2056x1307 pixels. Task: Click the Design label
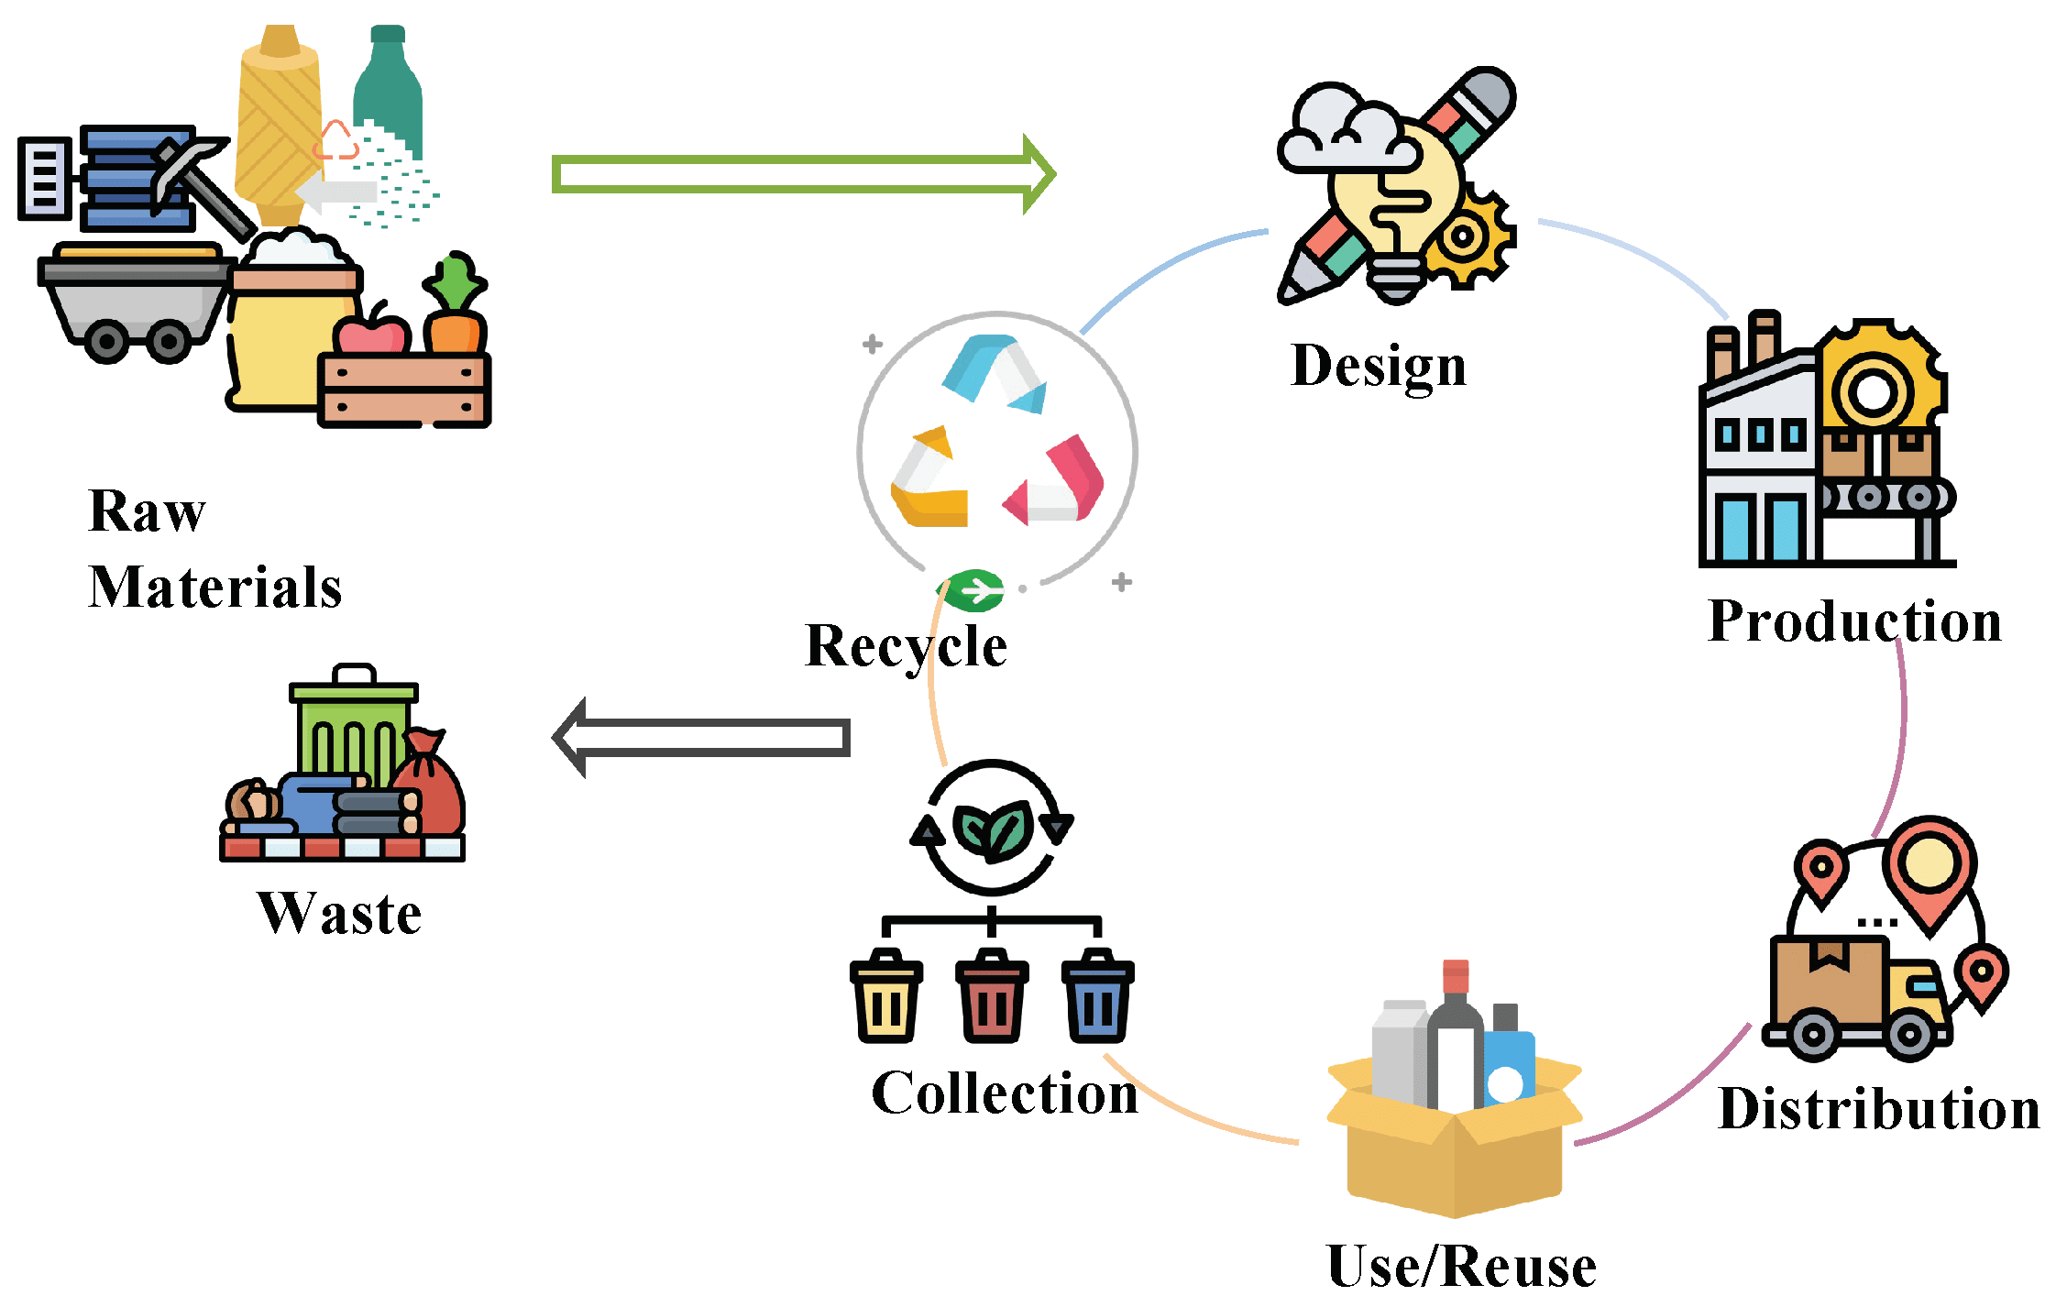point(1378,367)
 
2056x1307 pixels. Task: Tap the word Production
point(1854,621)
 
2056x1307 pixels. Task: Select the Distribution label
point(1878,1109)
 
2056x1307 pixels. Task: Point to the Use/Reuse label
point(1461,1267)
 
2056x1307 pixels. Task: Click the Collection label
point(1004,1093)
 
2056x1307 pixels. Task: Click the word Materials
point(215,587)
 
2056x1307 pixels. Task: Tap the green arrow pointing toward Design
point(802,174)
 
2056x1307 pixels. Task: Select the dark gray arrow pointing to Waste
point(701,737)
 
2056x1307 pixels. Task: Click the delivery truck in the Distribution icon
point(1856,999)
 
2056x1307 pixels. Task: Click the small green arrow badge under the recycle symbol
point(975,589)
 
